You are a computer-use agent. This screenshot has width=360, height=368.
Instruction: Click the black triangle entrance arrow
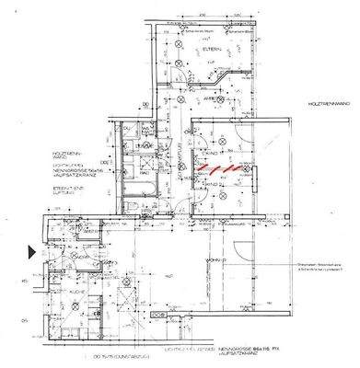[32, 250]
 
